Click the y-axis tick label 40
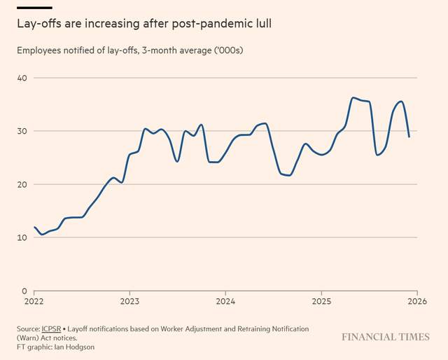22,77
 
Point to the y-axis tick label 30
22,130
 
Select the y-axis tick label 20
22,184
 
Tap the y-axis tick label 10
22,237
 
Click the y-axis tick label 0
24,291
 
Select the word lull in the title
260,24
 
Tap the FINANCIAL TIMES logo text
386,337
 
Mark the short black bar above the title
34,8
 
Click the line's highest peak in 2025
353,97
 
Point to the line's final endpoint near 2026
409,137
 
